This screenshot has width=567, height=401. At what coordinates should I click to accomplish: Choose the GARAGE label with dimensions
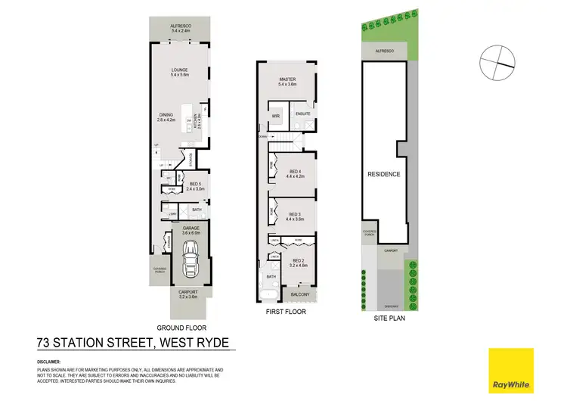[191, 231]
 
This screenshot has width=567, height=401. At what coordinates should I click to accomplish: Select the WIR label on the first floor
[276, 116]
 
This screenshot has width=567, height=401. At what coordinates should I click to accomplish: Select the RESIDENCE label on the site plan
[383, 174]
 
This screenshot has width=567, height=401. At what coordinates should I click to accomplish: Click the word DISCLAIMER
[49, 362]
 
